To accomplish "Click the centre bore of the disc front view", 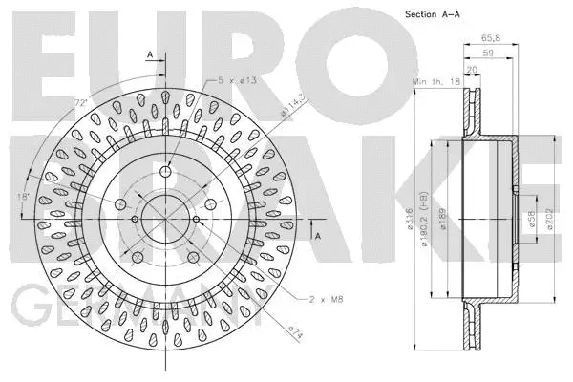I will click(165, 219).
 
